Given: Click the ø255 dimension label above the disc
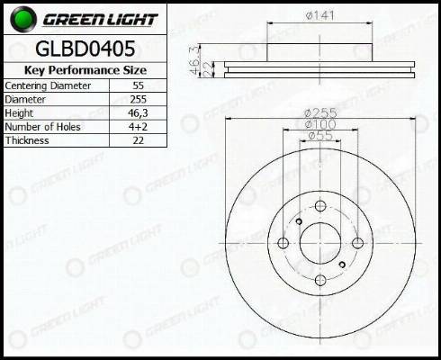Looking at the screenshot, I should [320, 112].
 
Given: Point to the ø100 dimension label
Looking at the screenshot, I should [320, 124].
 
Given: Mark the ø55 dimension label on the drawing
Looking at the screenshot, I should [320, 136].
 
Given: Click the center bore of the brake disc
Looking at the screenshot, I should [320, 243].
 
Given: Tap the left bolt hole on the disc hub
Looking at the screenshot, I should [283, 243].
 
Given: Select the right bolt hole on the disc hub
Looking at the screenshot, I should [357, 243].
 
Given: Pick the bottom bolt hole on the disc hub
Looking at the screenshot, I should [320, 280].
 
